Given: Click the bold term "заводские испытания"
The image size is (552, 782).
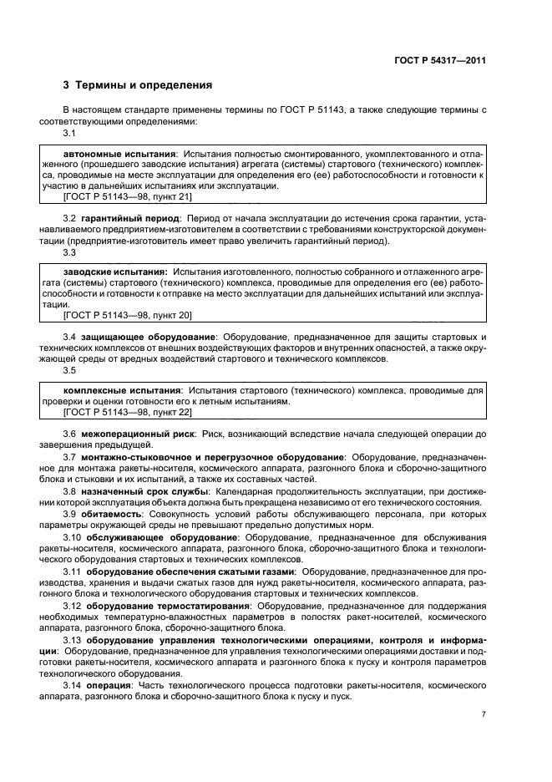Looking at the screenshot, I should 115,272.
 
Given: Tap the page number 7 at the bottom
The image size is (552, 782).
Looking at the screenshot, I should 484,714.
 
